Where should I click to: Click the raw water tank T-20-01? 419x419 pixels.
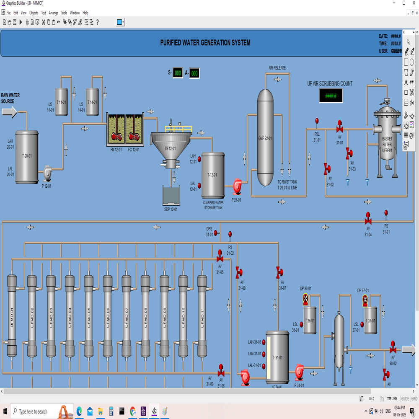click(27, 157)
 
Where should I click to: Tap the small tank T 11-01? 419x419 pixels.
click(61, 102)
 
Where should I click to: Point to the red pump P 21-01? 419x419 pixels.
click(238, 186)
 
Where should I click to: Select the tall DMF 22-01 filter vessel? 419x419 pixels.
click(265, 137)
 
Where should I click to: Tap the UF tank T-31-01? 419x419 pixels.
click(278, 357)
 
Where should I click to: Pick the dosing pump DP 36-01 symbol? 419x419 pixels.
click(305, 298)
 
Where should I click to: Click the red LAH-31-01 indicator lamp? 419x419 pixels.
click(264, 342)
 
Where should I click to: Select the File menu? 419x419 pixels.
click(8, 13)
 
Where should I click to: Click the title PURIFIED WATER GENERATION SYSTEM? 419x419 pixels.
click(205, 43)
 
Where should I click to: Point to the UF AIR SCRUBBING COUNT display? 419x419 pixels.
click(331, 96)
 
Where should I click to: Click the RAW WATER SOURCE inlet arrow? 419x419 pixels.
click(9, 112)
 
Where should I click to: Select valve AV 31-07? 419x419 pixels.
click(279, 273)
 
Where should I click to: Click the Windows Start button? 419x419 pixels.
click(5, 411)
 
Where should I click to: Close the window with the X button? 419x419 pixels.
click(413, 3)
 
